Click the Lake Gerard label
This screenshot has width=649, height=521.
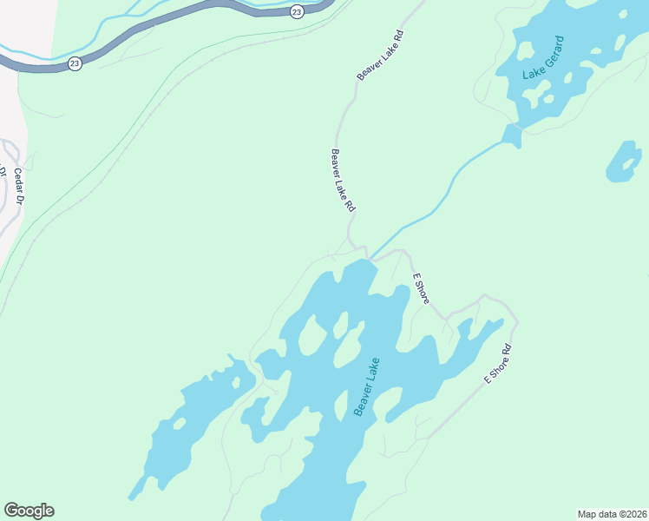[x=544, y=58]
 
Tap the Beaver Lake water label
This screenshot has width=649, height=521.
[x=367, y=386]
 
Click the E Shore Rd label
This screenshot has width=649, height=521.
[x=498, y=366]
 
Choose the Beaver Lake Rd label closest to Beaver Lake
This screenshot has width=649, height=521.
[x=343, y=181]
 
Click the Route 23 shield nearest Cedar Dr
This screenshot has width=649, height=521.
[x=75, y=63]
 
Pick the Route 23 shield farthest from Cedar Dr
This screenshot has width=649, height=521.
[x=297, y=11]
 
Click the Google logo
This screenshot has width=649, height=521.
[x=29, y=511]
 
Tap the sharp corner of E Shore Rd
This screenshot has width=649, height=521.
[x=515, y=323]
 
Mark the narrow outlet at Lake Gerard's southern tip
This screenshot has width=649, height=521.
[x=511, y=135]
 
